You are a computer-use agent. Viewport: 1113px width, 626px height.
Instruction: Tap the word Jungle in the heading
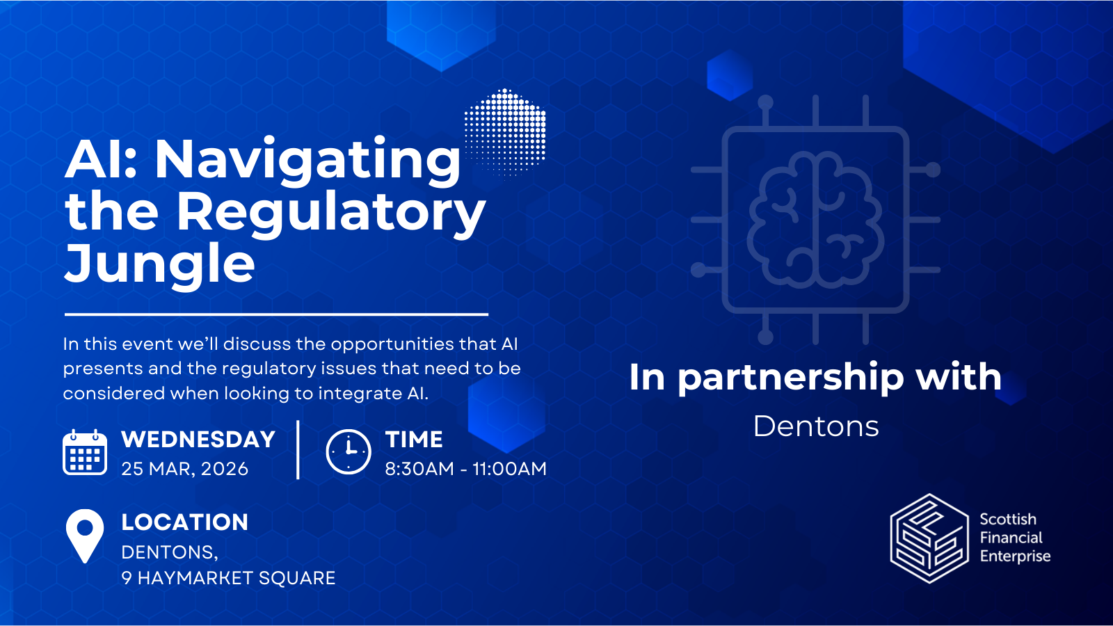click(x=160, y=264)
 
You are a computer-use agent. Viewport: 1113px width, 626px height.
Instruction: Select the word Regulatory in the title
click(x=330, y=213)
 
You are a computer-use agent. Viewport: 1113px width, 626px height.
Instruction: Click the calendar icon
click(x=85, y=453)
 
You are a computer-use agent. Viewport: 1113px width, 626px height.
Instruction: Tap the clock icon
click(x=348, y=452)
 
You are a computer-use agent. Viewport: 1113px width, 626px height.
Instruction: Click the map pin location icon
click(x=85, y=535)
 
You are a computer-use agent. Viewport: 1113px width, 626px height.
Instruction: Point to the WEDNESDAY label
click(x=198, y=440)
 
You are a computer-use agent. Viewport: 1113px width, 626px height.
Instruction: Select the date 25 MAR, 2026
click(x=184, y=469)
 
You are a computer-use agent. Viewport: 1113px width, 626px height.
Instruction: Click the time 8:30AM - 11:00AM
click(x=465, y=469)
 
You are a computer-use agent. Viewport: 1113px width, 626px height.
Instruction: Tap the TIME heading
click(x=414, y=440)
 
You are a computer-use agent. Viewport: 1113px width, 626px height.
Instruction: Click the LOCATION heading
click(x=184, y=522)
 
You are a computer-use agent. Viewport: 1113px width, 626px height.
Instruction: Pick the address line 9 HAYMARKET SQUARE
click(x=228, y=578)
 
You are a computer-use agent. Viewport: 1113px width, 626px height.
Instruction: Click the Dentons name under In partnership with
click(x=816, y=426)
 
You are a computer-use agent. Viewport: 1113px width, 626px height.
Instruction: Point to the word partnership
click(x=791, y=378)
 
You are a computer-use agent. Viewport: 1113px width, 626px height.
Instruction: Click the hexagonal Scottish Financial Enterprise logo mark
click(x=929, y=538)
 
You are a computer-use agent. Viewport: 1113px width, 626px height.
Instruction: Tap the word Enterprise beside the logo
click(x=1015, y=556)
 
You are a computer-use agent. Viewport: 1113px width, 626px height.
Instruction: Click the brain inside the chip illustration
click(x=815, y=220)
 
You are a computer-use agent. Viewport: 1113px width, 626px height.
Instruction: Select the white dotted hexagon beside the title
click(x=505, y=131)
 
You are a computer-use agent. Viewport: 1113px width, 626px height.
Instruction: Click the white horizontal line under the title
click(x=276, y=314)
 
